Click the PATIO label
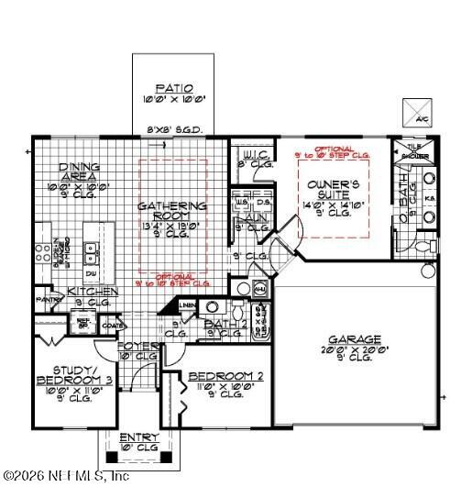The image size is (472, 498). pos(173,88)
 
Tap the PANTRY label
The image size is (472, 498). pos(48,300)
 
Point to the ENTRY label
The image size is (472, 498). pos(140,437)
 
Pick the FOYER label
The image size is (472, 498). pos(139,346)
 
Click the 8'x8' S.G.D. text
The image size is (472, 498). pos(174,129)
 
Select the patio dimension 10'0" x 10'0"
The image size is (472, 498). pos(173,99)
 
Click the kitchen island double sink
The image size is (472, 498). pos(89,250)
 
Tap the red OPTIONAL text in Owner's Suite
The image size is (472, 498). pos(334,149)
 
